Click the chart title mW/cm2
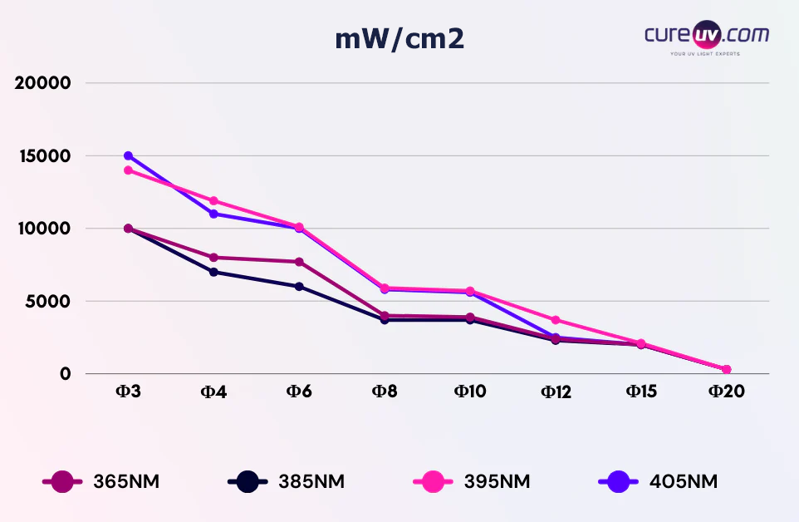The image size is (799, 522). point(399,39)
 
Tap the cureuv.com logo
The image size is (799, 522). point(706,37)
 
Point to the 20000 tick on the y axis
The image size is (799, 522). point(43,83)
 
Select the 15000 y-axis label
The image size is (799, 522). point(43,156)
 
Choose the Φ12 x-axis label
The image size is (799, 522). point(556,391)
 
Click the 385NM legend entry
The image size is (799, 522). point(286,481)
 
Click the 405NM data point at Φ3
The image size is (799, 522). point(128,155)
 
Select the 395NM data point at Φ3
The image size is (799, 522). point(128,170)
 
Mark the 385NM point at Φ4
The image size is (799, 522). point(213,272)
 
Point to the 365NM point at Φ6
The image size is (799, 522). point(299,262)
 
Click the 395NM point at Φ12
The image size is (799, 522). point(556,320)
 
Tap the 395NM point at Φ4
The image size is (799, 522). point(213,200)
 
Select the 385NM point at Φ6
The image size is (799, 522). point(299,287)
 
